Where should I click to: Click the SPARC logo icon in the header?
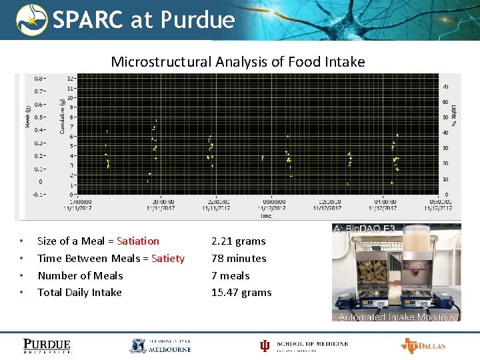pos(31,19)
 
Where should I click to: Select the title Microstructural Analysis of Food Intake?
pos(237,62)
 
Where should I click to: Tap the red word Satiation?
pos(138,241)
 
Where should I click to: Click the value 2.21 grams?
pos(238,241)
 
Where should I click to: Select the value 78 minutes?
pos(239,258)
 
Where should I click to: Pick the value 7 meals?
pos(230,275)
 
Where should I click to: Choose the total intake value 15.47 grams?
pos(241,292)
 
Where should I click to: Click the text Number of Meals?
pos(80,275)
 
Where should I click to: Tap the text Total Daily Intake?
pos(79,292)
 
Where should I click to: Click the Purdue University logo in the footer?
pos(47,345)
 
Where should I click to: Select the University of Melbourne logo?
pos(160,345)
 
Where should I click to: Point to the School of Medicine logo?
pos(304,345)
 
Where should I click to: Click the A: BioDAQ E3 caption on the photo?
pos(365,229)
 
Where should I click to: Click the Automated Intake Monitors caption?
pos(396,317)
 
